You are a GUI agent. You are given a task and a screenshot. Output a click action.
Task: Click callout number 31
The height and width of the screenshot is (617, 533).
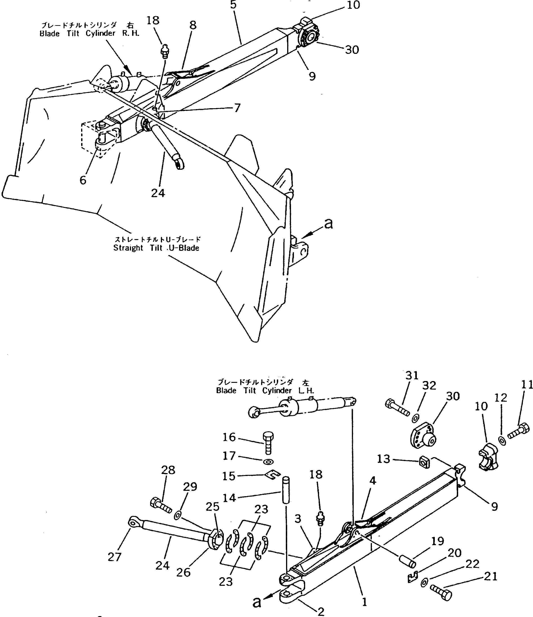[412, 376]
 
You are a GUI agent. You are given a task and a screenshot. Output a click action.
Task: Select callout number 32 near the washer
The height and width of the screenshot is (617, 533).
[429, 386]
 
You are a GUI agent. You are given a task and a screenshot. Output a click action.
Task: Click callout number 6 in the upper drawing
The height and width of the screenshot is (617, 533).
[83, 180]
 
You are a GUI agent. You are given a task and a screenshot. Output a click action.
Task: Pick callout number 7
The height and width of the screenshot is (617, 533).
[237, 108]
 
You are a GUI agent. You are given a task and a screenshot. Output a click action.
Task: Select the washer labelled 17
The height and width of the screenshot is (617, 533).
[269, 462]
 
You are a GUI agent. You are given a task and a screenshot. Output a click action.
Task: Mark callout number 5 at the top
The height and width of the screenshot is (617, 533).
[233, 5]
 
